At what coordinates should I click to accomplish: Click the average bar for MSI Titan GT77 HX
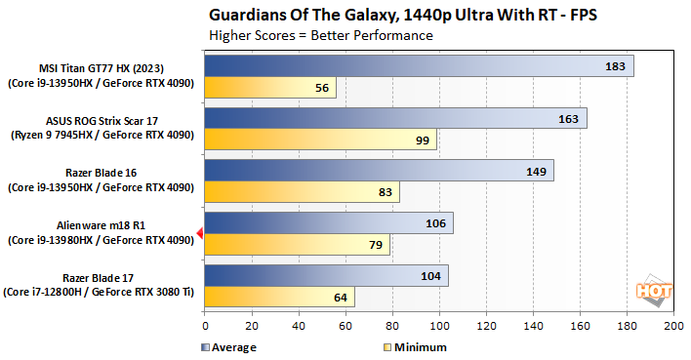click(x=419, y=65)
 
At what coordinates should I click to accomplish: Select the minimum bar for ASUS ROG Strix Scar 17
click(x=320, y=140)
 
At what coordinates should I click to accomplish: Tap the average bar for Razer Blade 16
click(x=379, y=171)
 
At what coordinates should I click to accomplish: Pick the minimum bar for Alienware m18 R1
click(x=297, y=244)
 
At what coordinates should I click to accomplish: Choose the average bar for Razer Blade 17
click(x=326, y=275)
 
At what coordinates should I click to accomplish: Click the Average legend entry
click(x=229, y=346)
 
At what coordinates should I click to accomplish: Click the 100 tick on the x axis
click(x=439, y=326)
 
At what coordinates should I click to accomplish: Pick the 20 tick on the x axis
click(x=252, y=326)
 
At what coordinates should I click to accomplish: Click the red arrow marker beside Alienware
click(x=199, y=232)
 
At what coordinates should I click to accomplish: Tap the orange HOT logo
click(x=655, y=290)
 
